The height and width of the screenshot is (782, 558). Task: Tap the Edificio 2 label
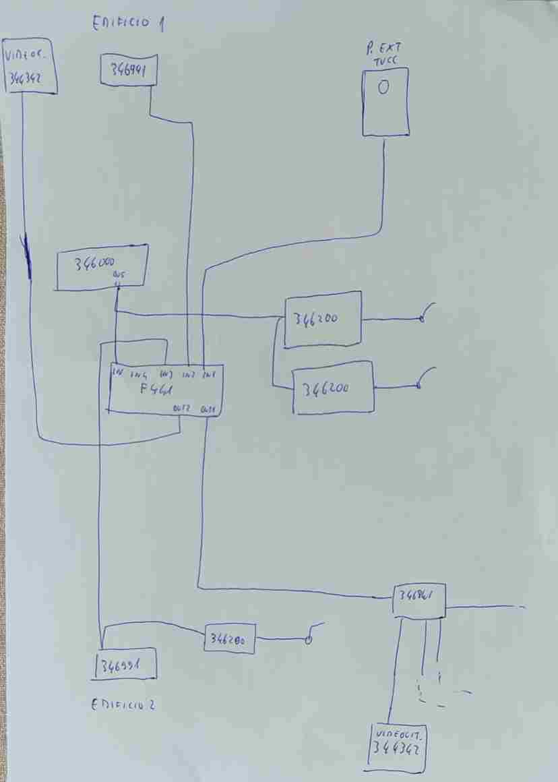tap(123, 705)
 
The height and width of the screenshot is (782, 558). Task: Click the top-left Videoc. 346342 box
tap(30, 66)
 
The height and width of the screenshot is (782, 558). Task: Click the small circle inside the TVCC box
tap(383, 87)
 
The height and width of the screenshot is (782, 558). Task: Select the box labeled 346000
tap(101, 268)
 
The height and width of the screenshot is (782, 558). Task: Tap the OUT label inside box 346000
tap(119, 275)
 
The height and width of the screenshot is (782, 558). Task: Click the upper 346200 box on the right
tap(323, 320)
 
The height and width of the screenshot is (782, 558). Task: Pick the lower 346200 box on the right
tap(333, 388)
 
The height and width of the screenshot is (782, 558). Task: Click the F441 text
tap(157, 389)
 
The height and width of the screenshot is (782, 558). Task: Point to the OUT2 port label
tap(181, 408)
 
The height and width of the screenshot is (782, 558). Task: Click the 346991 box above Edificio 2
tap(127, 665)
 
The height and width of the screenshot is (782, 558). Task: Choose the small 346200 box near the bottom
tap(230, 638)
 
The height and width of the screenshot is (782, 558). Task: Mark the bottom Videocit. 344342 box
tap(398, 747)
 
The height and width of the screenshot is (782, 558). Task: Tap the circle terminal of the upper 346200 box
tap(422, 320)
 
